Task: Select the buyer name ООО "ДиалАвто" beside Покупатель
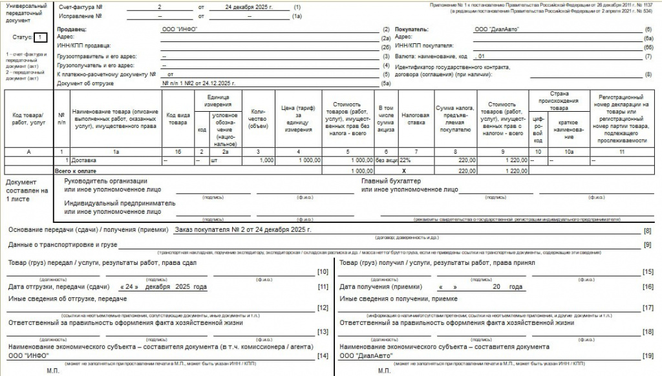coord(496,29)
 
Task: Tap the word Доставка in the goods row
coord(84,160)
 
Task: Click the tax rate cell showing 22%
coord(406,160)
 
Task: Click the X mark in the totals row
coord(403,171)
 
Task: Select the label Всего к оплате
coord(76,171)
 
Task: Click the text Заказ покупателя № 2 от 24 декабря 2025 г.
coord(243,230)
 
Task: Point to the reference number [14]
coord(323,355)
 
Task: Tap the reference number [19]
coord(648,355)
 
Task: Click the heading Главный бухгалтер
coord(390,182)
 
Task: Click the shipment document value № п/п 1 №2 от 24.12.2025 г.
coord(197,83)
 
